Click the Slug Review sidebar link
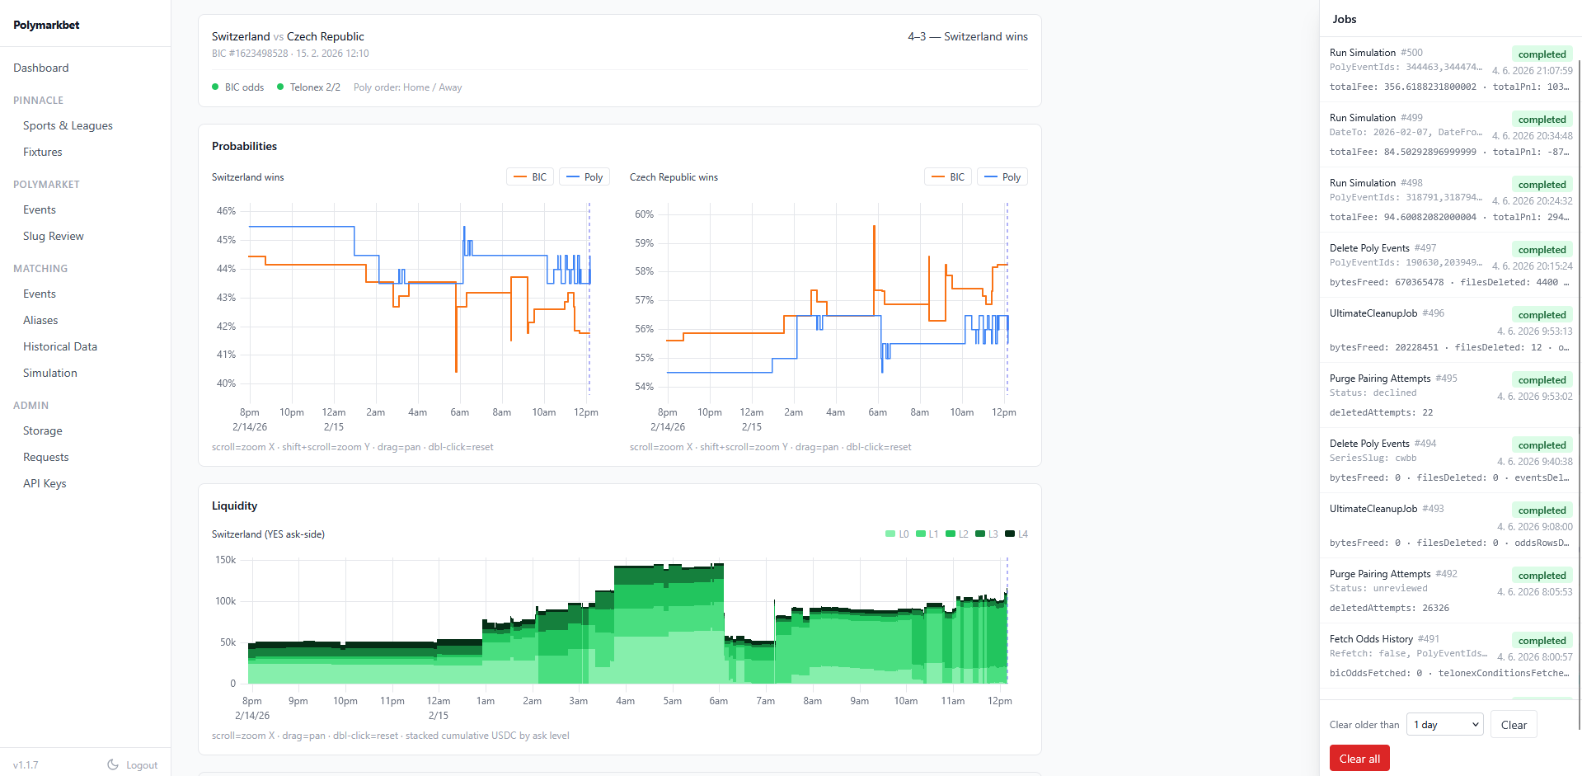pos(54,236)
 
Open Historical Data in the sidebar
pos(60,346)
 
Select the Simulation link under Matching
pos(50,373)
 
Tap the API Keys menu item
pos(45,483)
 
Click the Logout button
pos(133,765)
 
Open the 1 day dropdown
pos(1445,725)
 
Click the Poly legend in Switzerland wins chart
pos(584,177)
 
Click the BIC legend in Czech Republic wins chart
pos(948,177)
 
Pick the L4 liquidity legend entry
pos(1016,534)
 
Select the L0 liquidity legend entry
pos(897,534)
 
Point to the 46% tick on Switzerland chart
pos(226,211)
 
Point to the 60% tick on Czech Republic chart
pos(644,214)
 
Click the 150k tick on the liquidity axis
pos(225,560)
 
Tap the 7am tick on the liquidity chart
pos(766,701)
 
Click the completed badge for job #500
pos(1542,54)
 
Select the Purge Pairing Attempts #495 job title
pos(1393,379)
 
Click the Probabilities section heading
pos(244,146)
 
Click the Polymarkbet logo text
pos(46,25)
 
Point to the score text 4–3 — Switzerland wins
pos(968,36)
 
